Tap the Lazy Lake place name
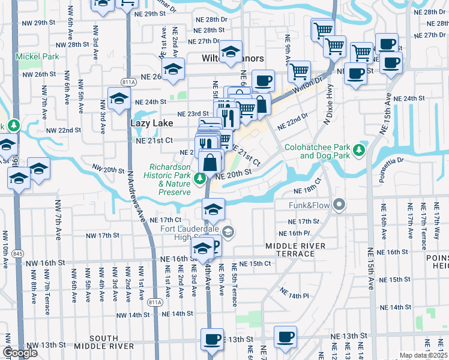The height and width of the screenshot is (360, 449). pyautogui.click(x=152, y=123)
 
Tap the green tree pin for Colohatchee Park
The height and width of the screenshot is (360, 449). pyautogui.click(x=360, y=149)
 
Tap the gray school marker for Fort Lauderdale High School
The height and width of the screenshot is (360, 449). pyautogui.click(x=228, y=232)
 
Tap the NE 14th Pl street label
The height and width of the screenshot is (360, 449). pyautogui.click(x=294, y=293)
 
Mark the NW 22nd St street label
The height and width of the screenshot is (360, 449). pyautogui.click(x=63, y=130)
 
